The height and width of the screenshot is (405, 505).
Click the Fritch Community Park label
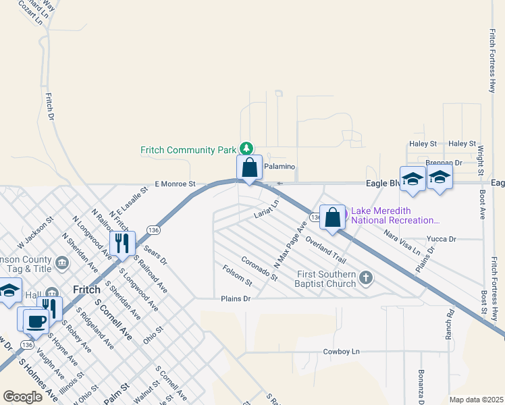tap(188, 150)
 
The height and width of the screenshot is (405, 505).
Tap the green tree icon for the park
tap(247, 148)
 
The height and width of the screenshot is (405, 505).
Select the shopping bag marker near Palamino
tap(249, 168)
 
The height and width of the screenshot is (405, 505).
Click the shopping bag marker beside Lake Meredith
tap(332, 217)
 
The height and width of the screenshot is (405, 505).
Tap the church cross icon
tap(366, 277)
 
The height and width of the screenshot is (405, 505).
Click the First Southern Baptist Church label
tap(327, 279)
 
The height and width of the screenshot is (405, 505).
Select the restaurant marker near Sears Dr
tap(122, 243)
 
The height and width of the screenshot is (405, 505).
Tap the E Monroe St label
tap(175, 184)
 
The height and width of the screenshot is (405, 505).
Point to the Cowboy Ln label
tap(342, 352)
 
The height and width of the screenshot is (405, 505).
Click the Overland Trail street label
tap(325, 250)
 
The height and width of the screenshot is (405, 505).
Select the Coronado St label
tap(260, 268)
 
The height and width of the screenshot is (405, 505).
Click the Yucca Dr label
tap(442, 239)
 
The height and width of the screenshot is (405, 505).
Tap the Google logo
tap(23, 397)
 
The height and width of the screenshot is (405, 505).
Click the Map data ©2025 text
tap(475, 400)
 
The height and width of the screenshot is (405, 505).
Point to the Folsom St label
tap(237, 275)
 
